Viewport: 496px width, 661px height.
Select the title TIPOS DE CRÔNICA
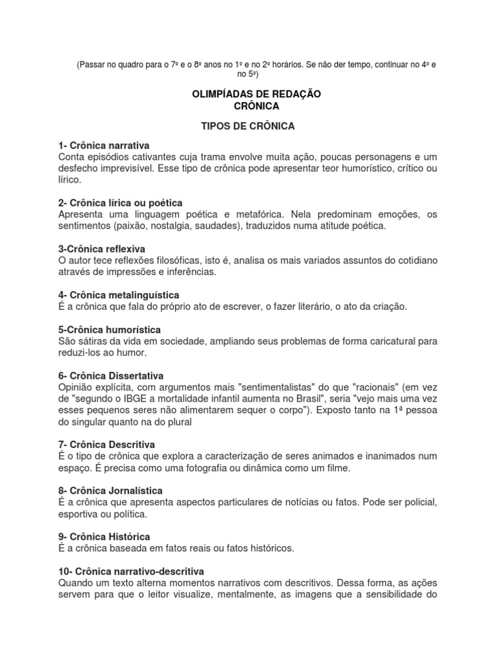click(248, 126)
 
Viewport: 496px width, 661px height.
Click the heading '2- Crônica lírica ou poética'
click(120, 203)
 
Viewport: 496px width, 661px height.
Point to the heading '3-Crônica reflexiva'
click(101, 249)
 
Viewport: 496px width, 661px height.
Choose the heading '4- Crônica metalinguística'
click(118, 295)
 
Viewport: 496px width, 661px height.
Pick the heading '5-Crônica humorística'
click(109, 330)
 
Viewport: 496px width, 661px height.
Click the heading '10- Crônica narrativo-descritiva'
click(130, 571)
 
